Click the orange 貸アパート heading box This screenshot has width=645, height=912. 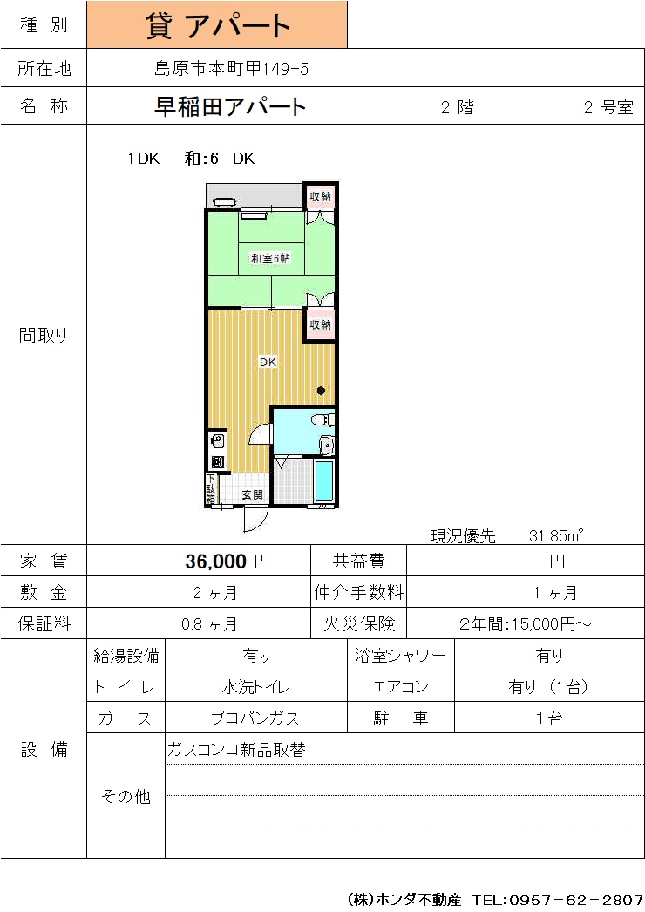click(217, 24)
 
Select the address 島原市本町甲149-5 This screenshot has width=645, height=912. click(231, 69)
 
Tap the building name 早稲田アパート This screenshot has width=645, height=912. click(230, 106)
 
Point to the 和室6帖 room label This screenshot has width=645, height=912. click(270, 258)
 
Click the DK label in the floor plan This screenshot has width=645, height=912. click(268, 362)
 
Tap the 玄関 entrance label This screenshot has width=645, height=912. click(253, 494)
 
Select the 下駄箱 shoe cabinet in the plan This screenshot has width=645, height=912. click(211, 489)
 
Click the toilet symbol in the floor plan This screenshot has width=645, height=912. click(323, 419)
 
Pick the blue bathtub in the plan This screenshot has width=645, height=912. click(324, 480)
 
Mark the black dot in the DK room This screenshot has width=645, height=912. click(321, 391)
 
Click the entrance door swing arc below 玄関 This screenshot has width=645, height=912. click(256, 520)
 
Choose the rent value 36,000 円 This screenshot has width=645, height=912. click(227, 561)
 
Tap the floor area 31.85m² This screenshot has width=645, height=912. click(556, 535)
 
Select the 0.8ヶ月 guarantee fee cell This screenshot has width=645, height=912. click(209, 624)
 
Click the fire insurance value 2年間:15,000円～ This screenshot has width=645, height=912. click(526, 624)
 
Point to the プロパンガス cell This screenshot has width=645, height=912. click(255, 718)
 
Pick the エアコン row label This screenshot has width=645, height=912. click(401, 687)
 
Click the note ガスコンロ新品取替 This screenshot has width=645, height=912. click(236, 750)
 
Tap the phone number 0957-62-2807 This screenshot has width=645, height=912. click(576, 900)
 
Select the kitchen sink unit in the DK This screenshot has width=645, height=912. click(218, 450)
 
